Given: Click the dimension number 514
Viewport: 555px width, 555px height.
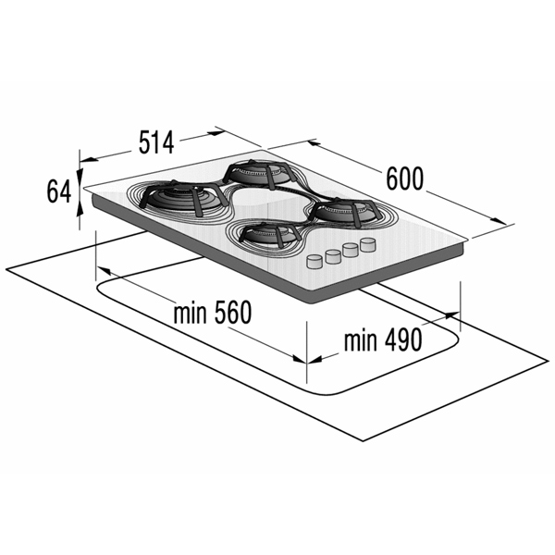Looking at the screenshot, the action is (156, 142).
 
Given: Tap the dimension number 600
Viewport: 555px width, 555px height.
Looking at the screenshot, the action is (404, 179).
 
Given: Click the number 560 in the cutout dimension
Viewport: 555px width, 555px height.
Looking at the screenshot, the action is (233, 313).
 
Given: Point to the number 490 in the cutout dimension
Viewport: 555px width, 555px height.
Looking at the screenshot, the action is (403, 340).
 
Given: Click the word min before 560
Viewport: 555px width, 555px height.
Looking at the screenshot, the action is (190, 313).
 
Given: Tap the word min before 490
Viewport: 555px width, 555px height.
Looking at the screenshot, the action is (361, 340).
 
